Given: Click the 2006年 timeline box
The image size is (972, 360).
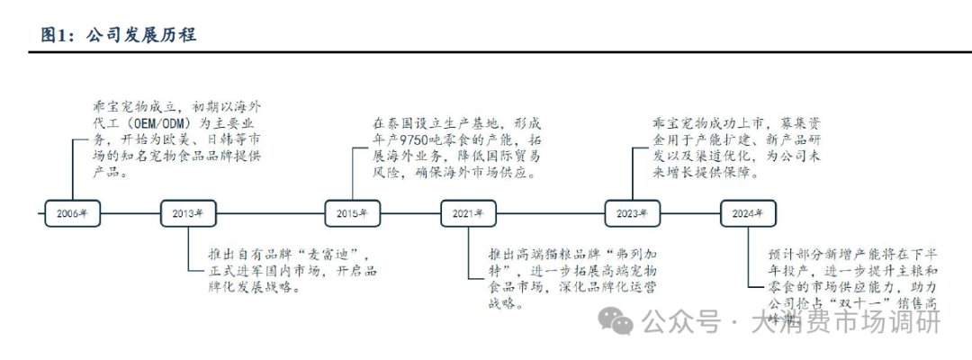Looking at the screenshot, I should [x=72, y=213].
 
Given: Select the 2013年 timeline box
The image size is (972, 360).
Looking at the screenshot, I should [x=187, y=213].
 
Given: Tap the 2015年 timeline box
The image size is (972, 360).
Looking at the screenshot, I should [x=352, y=213].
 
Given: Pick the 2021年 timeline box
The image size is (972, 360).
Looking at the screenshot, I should [x=468, y=213].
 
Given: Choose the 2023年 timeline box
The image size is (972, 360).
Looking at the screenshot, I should [x=632, y=213].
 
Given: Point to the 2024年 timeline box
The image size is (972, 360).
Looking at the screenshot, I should [x=747, y=213].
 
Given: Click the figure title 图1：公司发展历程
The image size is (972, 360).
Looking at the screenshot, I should [x=118, y=34].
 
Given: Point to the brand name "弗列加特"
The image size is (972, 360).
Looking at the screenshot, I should [x=625, y=255].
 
